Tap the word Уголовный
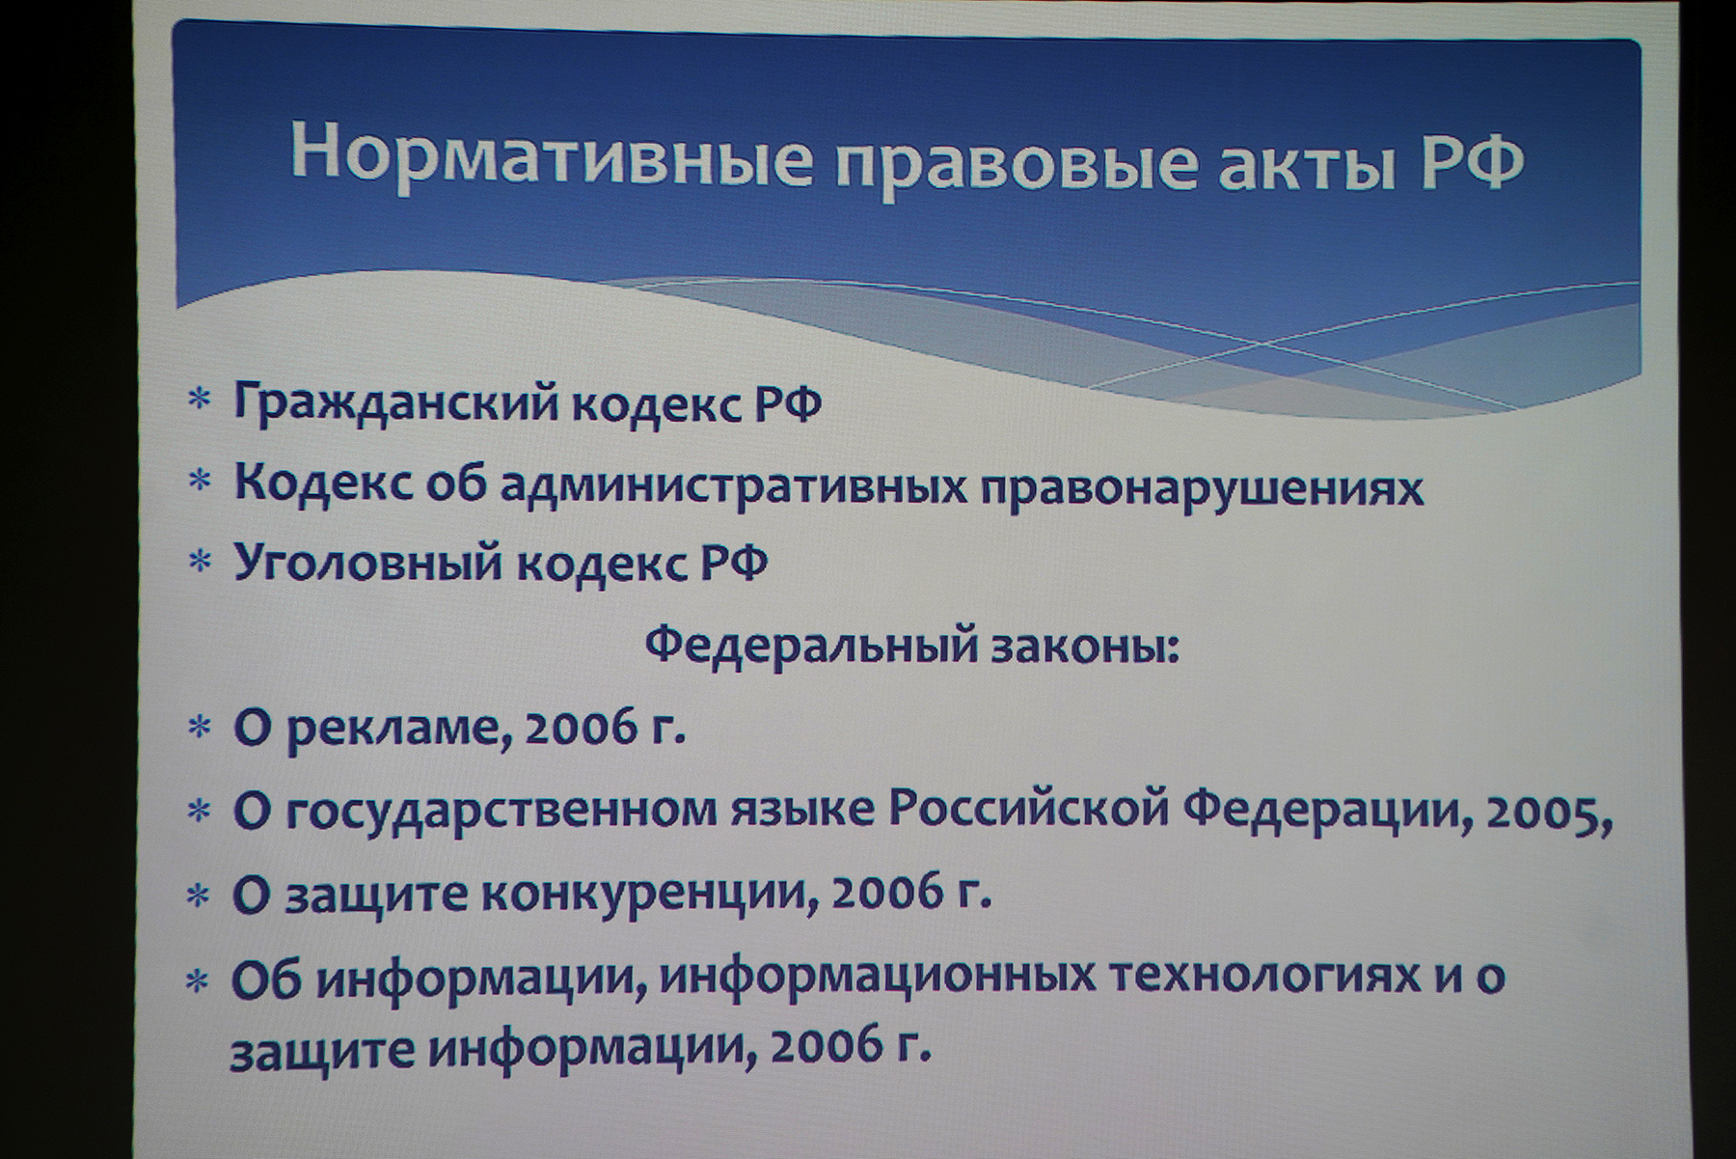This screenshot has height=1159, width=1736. (x=368, y=563)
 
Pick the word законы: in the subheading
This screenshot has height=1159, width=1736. (x=1086, y=648)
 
